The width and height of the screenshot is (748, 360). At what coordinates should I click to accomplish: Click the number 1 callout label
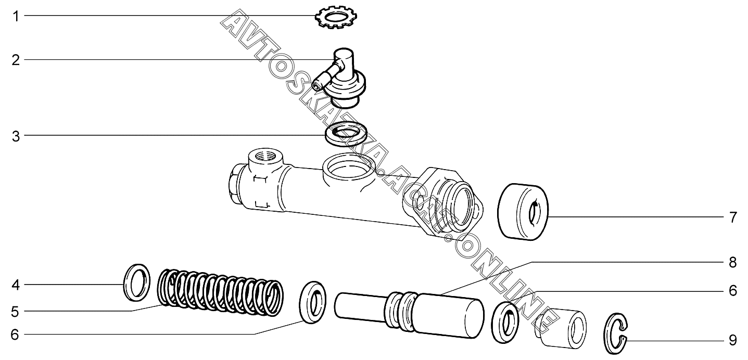(x=16, y=16)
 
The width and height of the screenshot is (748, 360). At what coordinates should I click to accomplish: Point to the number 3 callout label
(x=16, y=136)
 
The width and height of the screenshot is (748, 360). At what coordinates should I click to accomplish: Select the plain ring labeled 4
(x=137, y=282)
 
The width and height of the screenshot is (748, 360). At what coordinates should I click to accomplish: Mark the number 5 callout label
(x=15, y=312)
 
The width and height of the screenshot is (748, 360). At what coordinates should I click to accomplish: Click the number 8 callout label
(x=732, y=263)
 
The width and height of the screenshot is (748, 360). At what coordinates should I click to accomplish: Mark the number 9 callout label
(x=732, y=341)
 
